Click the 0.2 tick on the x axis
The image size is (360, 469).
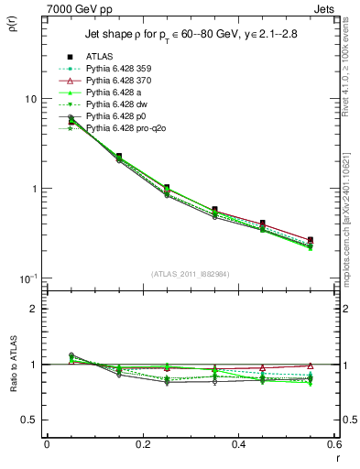pyautogui.click(x=143, y=444)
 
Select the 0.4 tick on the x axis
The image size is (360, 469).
pyautogui.click(x=240, y=444)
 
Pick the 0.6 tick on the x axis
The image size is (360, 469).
pyautogui.click(x=335, y=444)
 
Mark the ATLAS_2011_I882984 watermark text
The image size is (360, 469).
pyautogui.click(x=191, y=274)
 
